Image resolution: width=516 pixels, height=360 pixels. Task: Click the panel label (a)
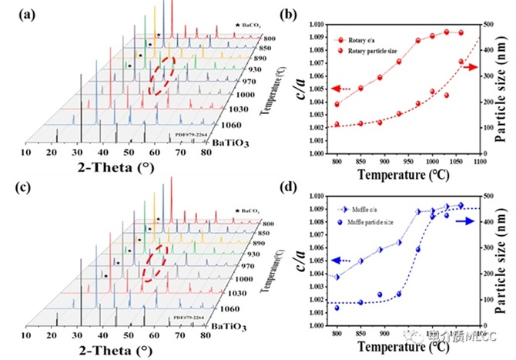point(17,13)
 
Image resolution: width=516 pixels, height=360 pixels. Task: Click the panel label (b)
point(276,13)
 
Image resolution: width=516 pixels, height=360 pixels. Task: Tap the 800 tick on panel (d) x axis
point(337,331)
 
